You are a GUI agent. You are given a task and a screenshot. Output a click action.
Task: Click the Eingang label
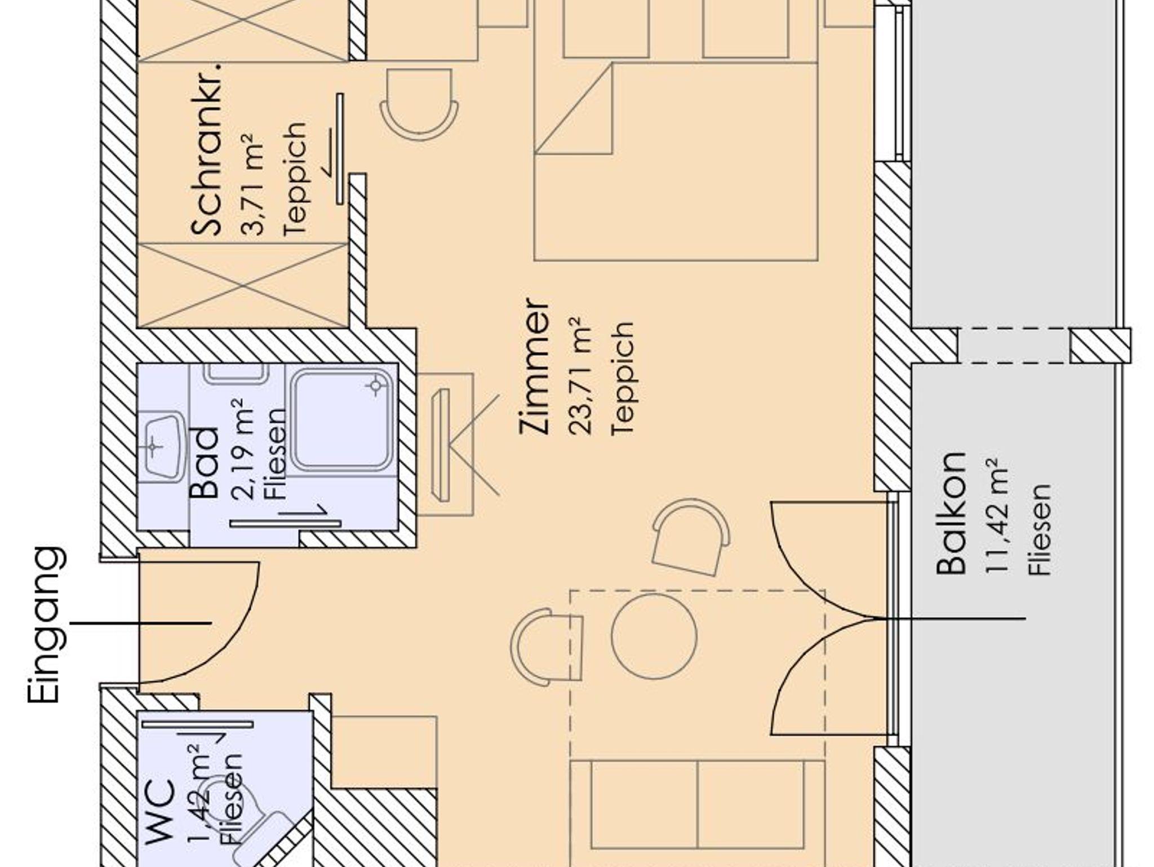pos(45,625)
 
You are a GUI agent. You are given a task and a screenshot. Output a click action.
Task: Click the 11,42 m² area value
pos(996,516)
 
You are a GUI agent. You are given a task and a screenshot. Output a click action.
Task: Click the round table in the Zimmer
pos(654,636)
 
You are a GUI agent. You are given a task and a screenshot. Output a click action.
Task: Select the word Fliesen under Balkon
pos(1040,529)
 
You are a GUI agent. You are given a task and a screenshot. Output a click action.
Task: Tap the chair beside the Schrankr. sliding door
pos(419,104)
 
